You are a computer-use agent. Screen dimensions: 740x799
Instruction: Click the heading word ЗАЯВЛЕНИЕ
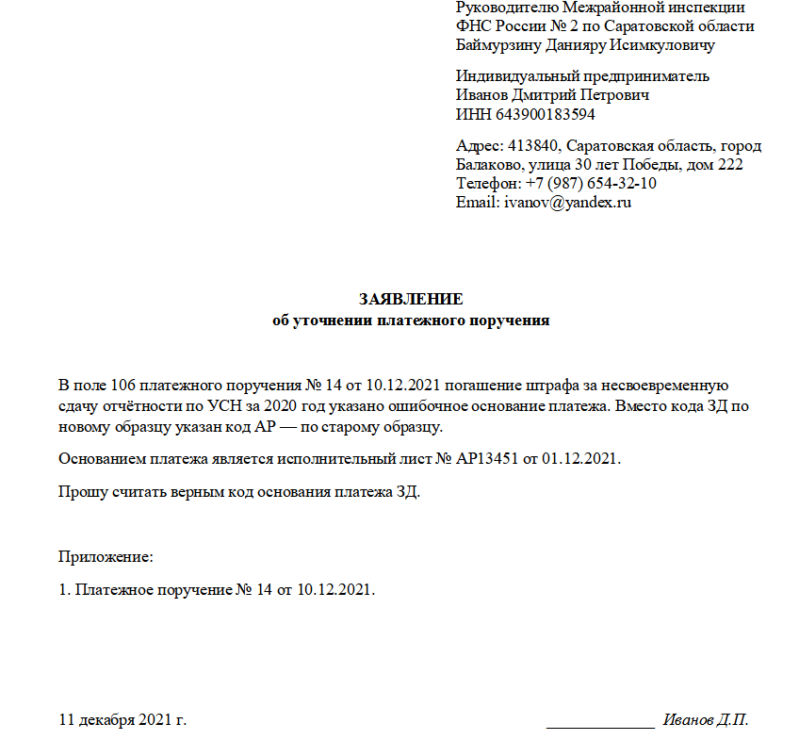click(x=411, y=300)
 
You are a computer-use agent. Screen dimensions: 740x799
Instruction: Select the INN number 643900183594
click(x=538, y=115)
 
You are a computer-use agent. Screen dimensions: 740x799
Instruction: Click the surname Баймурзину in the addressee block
click(x=498, y=44)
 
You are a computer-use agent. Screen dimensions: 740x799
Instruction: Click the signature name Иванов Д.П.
click(x=706, y=721)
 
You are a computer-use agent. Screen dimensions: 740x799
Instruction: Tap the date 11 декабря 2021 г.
click(x=122, y=721)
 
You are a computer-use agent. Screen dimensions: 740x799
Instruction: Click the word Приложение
click(x=105, y=556)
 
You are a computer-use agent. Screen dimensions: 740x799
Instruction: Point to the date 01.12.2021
click(x=581, y=459)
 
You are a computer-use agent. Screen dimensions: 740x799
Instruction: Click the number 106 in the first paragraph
click(x=125, y=386)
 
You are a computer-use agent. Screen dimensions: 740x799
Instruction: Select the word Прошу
click(x=80, y=492)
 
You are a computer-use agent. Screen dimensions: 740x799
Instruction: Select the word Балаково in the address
click(x=488, y=165)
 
